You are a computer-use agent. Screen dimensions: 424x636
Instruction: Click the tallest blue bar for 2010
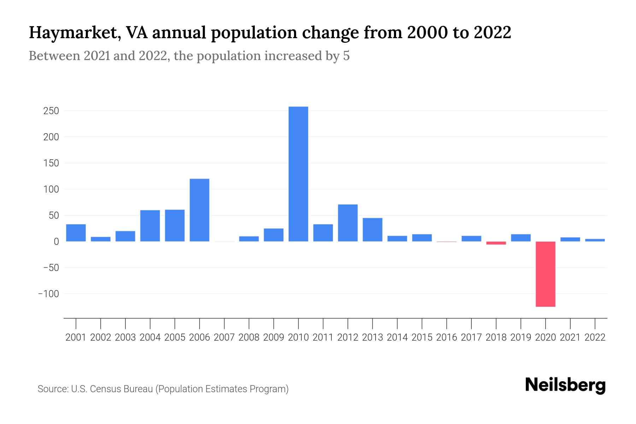click(x=298, y=174)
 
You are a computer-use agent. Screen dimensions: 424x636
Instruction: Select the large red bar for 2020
click(x=545, y=274)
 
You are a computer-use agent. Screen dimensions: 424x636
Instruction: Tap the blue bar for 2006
click(x=199, y=210)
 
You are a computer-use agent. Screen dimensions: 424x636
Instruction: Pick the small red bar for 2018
click(x=496, y=243)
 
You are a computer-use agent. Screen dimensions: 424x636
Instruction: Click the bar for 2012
click(x=348, y=223)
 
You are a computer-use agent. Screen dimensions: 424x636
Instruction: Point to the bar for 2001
click(x=76, y=233)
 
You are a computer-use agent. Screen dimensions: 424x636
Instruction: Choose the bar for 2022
click(x=595, y=240)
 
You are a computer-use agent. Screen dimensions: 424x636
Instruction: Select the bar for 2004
click(x=150, y=226)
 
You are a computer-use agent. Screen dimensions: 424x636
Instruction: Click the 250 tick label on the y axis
click(x=51, y=111)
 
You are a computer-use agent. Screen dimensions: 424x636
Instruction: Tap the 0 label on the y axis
click(x=56, y=242)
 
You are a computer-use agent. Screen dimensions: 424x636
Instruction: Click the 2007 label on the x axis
click(x=224, y=337)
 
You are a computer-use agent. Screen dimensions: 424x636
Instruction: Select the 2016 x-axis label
click(x=446, y=337)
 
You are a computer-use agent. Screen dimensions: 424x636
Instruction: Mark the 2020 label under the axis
click(x=545, y=337)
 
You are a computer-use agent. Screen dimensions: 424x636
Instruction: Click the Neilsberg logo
click(x=565, y=385)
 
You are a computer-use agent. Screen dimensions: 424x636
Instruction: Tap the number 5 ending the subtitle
click(x=346, y=56)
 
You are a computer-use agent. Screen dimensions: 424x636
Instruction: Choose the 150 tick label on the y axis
click(x=51, y=163)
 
